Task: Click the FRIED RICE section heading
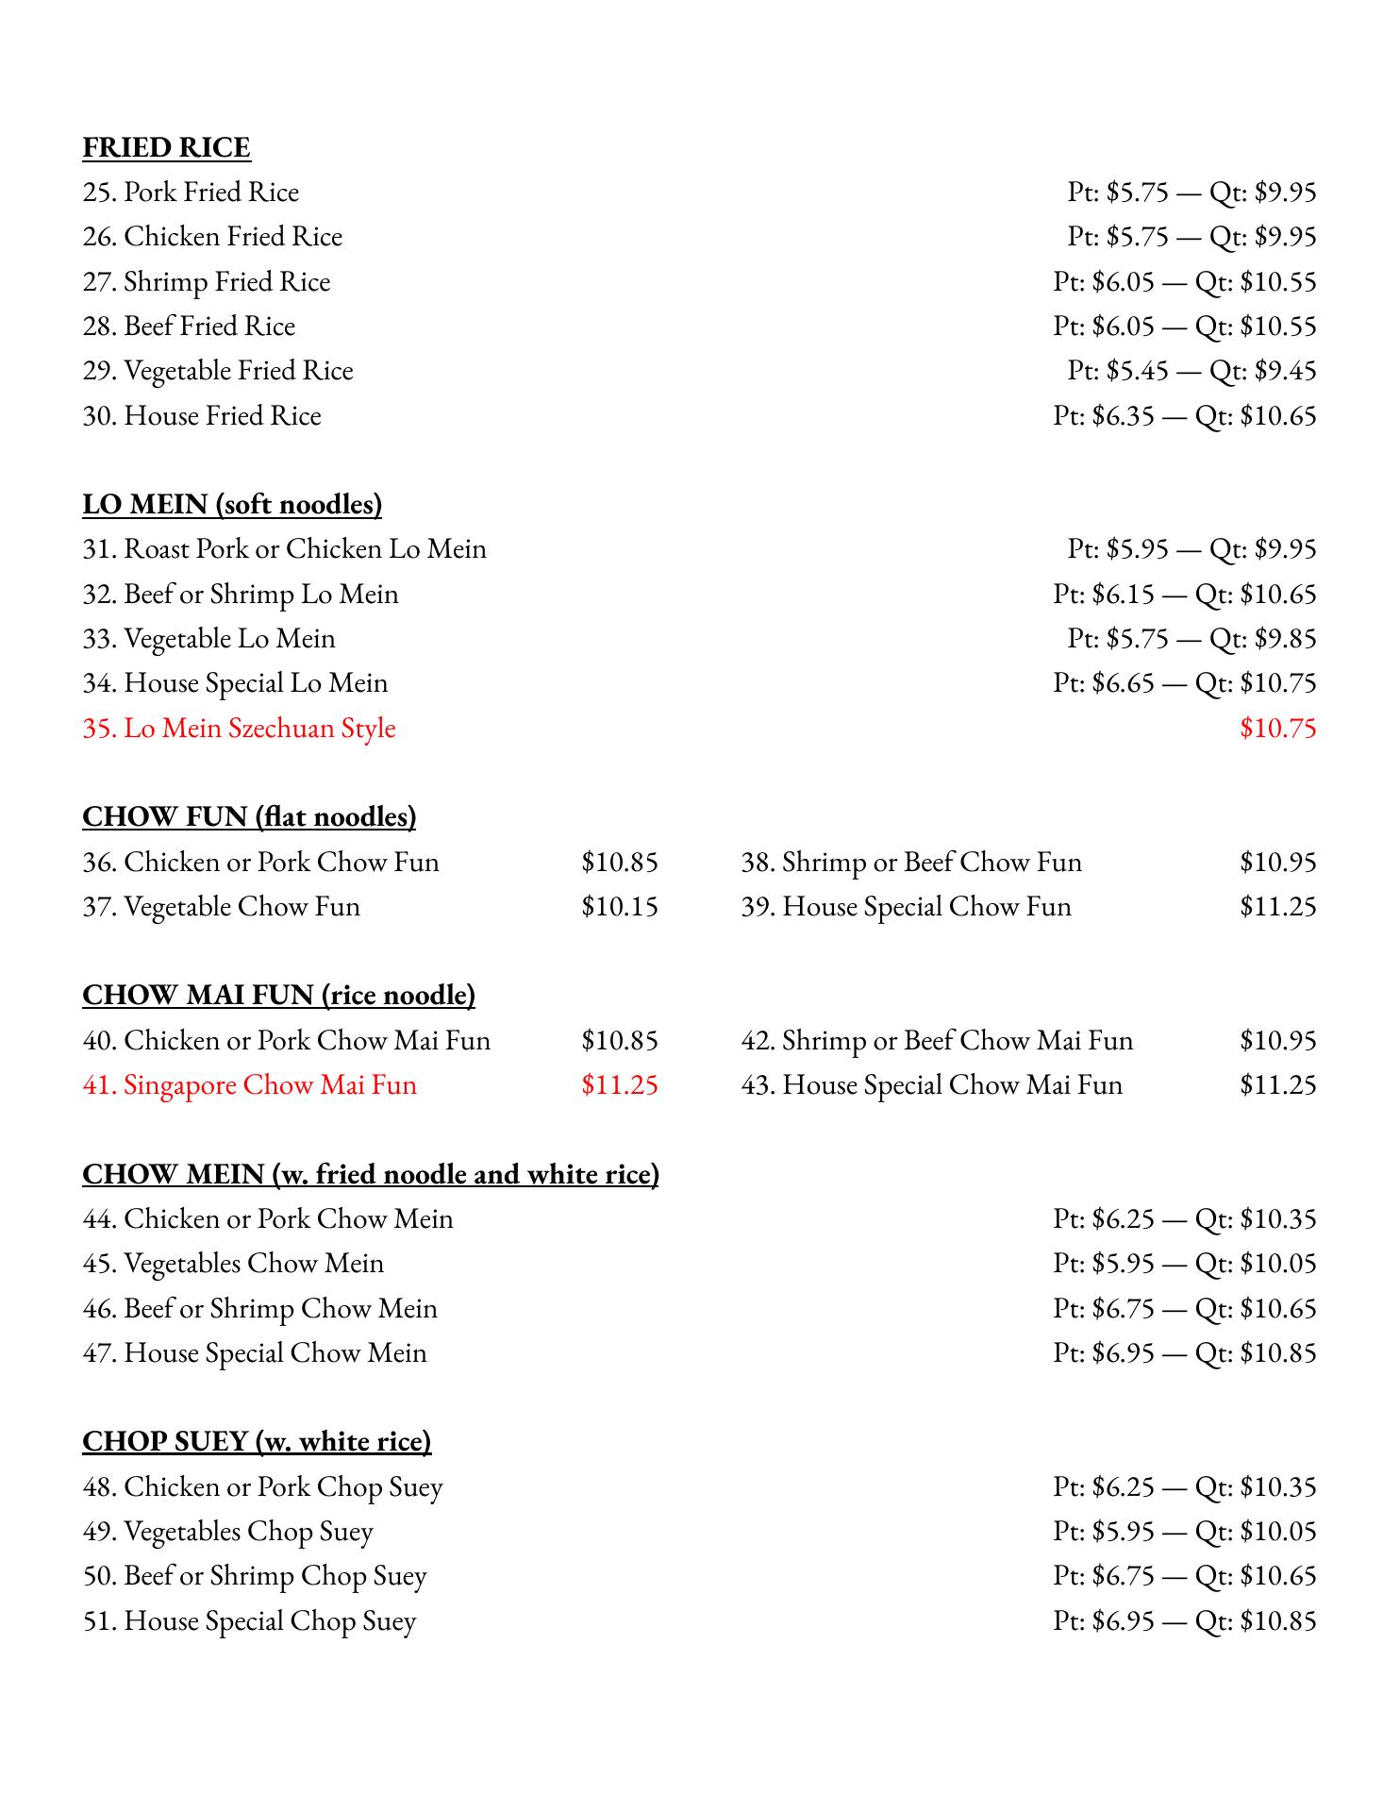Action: click(x=166, y=148)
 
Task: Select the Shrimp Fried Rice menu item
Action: click(x=207, y=282)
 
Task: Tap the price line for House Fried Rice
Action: click(x=1184, y=416)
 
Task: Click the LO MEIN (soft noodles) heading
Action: click(x=232, y=505)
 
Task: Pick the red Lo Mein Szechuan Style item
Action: click(x=239, y=729)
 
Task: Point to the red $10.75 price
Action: click(x=1277, y=729)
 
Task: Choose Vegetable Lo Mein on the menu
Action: click(x=208, y=639)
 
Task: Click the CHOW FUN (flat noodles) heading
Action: click(x=249, y=817)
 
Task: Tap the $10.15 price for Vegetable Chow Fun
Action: click(x=619, y=907)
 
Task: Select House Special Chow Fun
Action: click(x=906, y=907)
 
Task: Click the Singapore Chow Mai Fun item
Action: click(x=249, y=1085)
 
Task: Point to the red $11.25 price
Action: click(x=619, y=1085)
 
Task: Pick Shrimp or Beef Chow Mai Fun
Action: click(x=937, y=1041)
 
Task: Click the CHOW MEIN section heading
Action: click(x=370, y=1175)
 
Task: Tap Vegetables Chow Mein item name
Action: click(x=233, y=1264)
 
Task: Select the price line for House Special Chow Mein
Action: click(x=1184, y=1353)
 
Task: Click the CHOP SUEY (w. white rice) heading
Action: click(x=257, y=1442)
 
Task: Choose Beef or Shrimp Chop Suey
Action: click(x=255, y=1576)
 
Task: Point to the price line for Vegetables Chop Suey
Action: click(x=1184, y=1532)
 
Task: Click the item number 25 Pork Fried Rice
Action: click(x=191, y=193)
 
